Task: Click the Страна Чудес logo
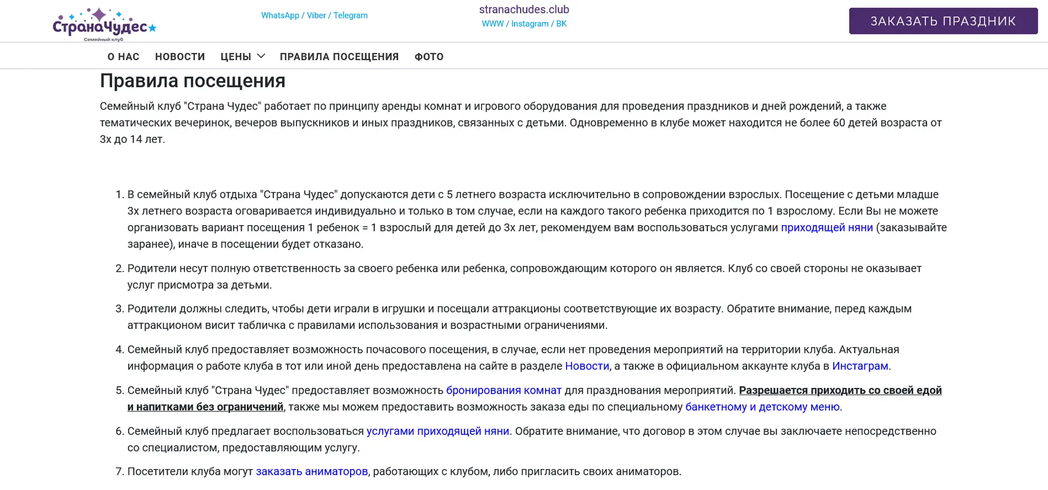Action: click(x=104, y=24)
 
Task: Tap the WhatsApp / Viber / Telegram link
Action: click(x=314, y=16)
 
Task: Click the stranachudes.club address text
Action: click(x=524, y=9)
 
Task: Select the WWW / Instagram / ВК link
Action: click(x=524, y=24)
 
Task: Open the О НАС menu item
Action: click(x=123, y=57)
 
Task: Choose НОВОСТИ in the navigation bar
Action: click(x=180, y=57)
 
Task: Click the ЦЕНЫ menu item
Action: click(x=236, y=57)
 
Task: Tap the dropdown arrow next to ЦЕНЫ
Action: click(x=261, y=56)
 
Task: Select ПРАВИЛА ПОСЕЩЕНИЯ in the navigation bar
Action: click(x=339, y=57)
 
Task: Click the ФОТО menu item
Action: click(x=429, y=57)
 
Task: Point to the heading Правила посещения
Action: click(x=192, y=81)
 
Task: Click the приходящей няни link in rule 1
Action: click(x=826, y=228)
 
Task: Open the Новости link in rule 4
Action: click(x=587, y=366)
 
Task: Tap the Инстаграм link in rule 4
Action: click(x=860, y=366)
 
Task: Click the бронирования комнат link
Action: click(x=504, y=391)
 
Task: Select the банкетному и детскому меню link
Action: click(x=762, y=407)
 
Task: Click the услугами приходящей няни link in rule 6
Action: click(x=438, y=431)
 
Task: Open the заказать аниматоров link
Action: click(x=311, y=472)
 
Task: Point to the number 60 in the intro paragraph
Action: click(x=838, y=123)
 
